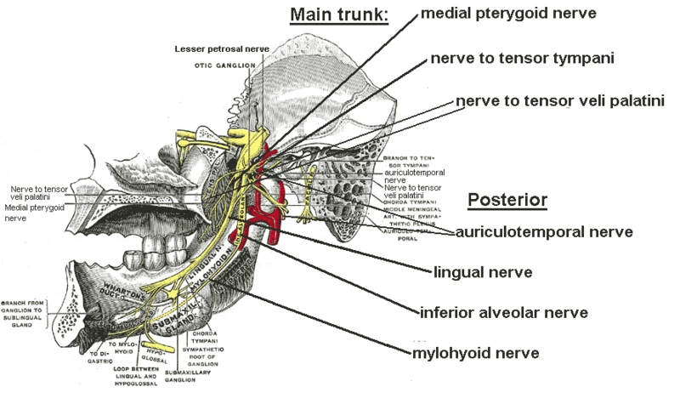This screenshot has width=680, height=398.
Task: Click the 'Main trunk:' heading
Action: [339, 15]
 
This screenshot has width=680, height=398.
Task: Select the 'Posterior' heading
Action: [507, 201]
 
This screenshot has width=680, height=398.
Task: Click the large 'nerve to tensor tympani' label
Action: [521, 58]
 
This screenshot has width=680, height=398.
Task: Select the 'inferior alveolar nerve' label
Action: [503, 312]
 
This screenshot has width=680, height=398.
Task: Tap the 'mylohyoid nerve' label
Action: [475, 352]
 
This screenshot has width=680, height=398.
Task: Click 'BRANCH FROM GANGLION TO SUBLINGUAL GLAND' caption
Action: [28, 314]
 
